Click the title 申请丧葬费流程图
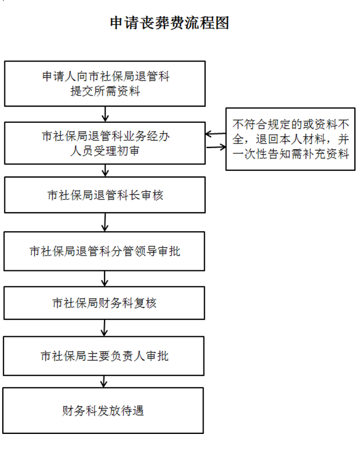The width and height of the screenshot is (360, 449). (x=170, y=23)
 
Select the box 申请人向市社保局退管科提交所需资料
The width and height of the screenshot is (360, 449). (x=105, y=84)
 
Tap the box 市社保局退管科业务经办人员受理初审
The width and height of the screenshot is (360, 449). (x=105, y=143)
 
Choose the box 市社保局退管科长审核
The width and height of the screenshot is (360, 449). (x=105, y=195)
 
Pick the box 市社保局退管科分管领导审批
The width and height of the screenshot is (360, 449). (x=105, y=251)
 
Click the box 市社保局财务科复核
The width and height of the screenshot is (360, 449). (x=105, y=303)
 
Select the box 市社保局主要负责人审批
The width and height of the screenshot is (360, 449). (x=104, y=356)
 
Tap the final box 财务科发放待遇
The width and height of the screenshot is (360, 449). (x=103, y=410)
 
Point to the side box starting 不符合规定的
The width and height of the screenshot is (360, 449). (x=290, y=139)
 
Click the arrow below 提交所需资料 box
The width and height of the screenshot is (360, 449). (x=105, y=114)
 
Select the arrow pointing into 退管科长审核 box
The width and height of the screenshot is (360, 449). (x=105, y=170)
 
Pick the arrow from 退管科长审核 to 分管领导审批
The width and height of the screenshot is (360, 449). (x=105, y=222)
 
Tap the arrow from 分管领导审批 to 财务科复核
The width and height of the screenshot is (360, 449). (x=105, y=279)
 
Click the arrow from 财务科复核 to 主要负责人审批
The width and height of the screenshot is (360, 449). (x=105, y=328)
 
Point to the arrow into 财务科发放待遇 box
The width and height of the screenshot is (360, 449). (x=104, y=381)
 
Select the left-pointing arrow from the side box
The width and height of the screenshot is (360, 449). (x=216, y=133)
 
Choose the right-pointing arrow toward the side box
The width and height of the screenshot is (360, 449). (x=216, y=147)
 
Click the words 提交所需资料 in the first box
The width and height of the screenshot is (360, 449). (x=105, y=92)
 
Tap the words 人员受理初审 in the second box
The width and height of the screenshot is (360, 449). (x=105, y=151)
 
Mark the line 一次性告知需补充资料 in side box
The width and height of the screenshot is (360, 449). (x=291, y=154)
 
